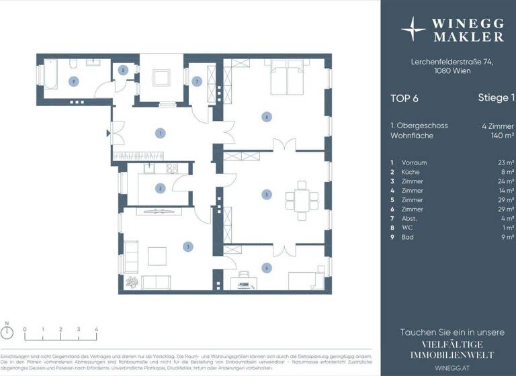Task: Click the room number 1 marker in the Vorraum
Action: (160, 133)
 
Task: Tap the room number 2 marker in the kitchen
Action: (160, 189)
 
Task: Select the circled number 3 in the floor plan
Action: (188, 246)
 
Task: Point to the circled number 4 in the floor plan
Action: (267, 269)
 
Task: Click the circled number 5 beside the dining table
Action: (267, 195)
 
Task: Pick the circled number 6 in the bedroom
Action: (267, 117)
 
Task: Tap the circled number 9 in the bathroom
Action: (74, 81)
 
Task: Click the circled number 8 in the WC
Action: (123, 70)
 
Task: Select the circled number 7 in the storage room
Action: (197, 81)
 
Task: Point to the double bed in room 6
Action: (289, 80)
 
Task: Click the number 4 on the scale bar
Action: (96, 330)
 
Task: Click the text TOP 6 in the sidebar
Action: (404, 98)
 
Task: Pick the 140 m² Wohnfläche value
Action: (503, 136)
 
